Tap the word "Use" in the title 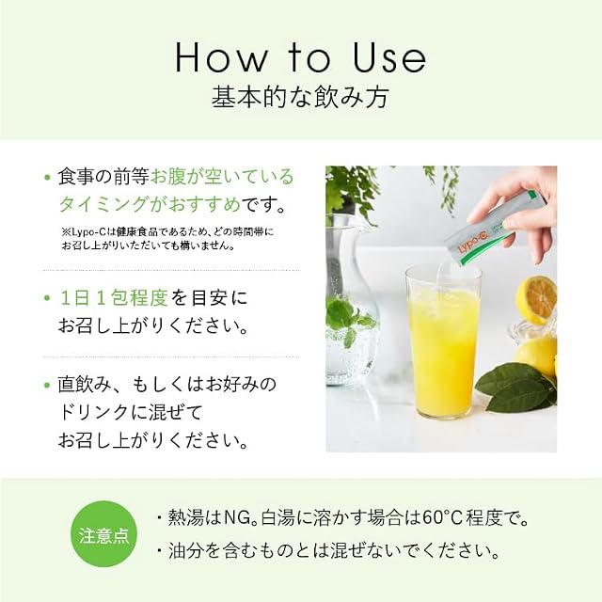point(388,57)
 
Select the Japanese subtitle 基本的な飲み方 point(301,97)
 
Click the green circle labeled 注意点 point(104,534)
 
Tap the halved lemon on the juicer point(536,299)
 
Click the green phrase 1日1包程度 point(115,298)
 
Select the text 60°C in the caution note point(441,518)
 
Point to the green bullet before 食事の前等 point(48,178)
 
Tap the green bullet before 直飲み point(48,385)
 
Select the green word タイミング point(103,204)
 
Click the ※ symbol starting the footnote point(65,232)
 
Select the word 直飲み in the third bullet point(86,385)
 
